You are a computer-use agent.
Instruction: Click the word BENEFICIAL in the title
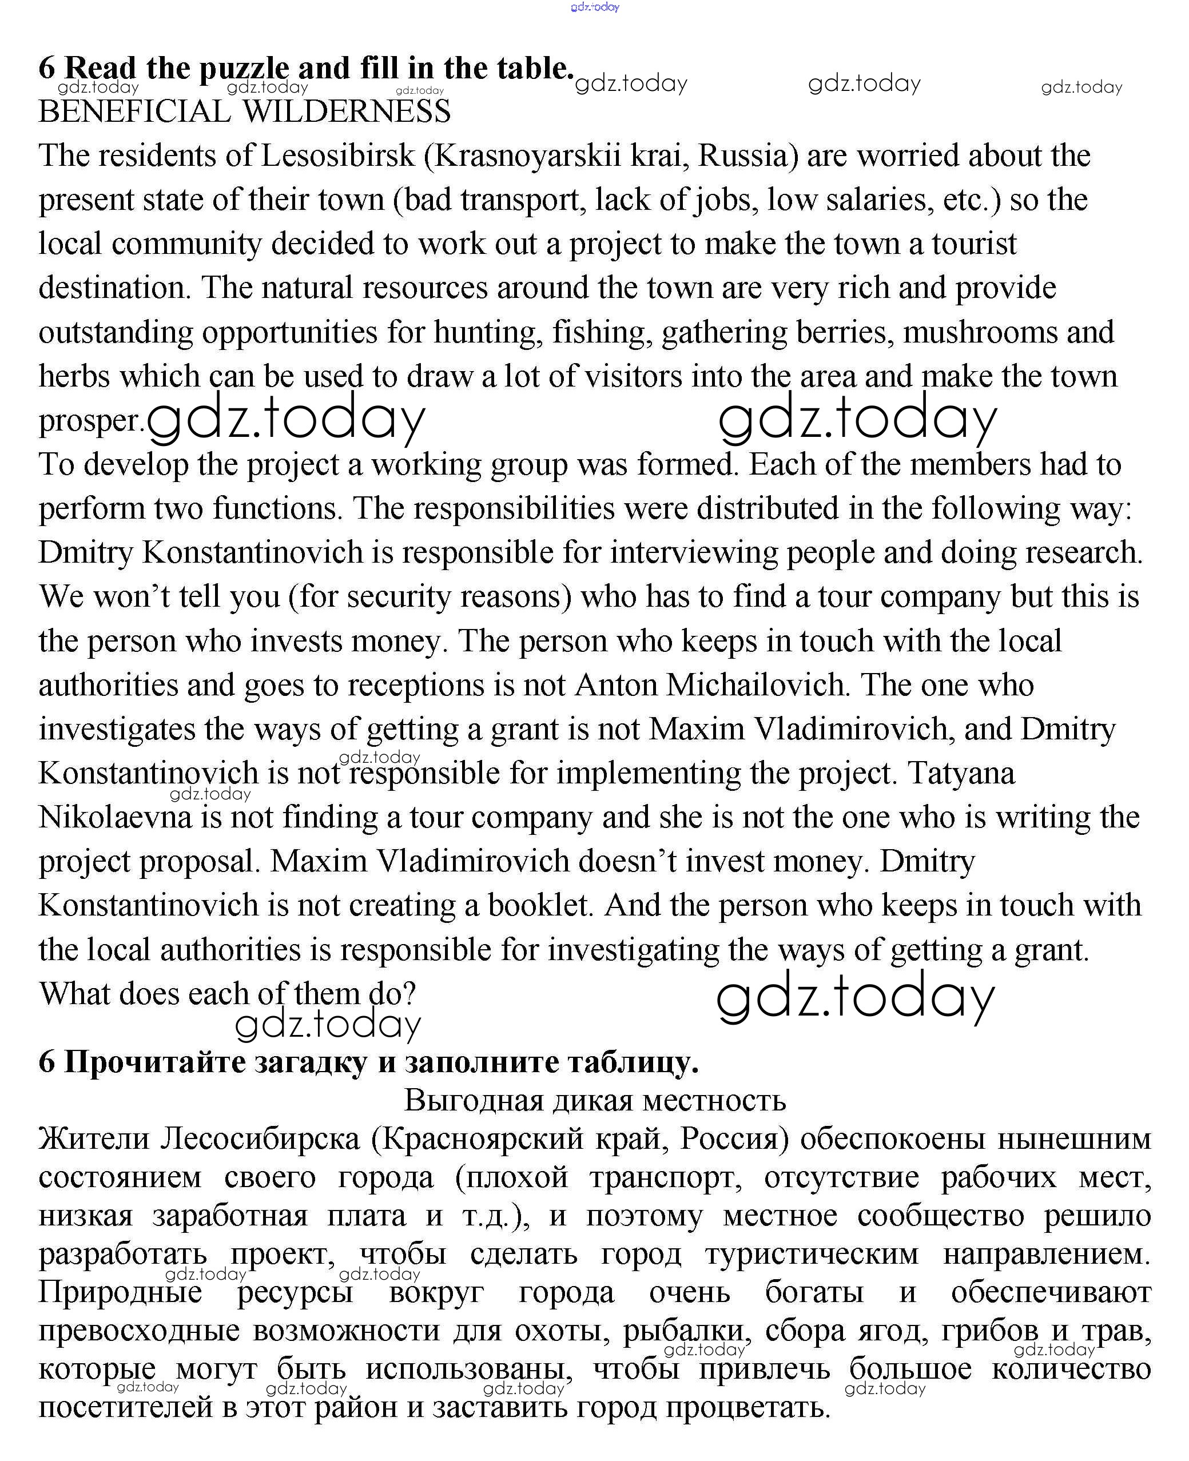(x=134, y=112)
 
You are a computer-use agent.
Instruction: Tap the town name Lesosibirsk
(x=337, y=156)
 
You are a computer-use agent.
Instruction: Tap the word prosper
(x=90, y=421)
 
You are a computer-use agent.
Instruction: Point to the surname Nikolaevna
(x=115, y=818)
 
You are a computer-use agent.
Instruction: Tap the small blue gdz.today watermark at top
(x=595, y=7)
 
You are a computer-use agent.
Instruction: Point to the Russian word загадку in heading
(x=311, y=1062)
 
